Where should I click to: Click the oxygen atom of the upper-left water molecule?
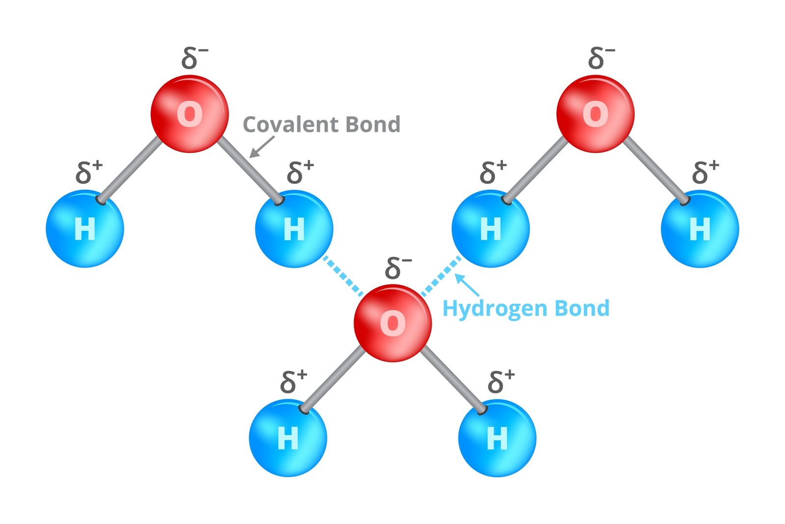(x=189, y=114)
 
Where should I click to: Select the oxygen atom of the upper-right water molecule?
(x=595, y=114)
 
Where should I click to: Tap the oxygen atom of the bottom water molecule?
(x=392, y=323)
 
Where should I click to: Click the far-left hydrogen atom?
(x=84, y=228)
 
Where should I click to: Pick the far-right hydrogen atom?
(x=700, y=228)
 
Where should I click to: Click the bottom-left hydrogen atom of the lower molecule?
(x=288, y=438)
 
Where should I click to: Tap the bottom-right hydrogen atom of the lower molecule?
(x=497, y=438)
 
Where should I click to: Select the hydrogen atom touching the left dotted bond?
(x=294, y=228)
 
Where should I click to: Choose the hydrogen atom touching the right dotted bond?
(x=490, y=228)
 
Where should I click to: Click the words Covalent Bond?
(x=321, y=125)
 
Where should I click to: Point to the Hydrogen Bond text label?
(x=525, y=308)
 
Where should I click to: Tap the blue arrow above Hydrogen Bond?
(x=467, y=285)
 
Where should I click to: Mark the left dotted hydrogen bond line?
(x=342, y=275)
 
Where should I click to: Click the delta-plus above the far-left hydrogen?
(x=89, y=172)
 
